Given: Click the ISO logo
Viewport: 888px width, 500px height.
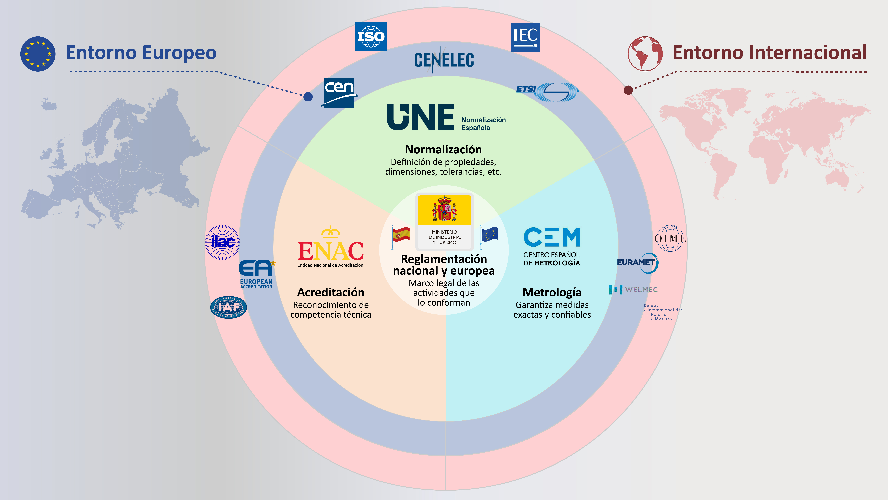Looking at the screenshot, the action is point(371,37).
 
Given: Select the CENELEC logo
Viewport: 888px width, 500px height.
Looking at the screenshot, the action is point(444,60).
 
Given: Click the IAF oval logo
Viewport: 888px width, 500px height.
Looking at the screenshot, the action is point(229,307).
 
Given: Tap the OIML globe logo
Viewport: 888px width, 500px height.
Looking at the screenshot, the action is point(670,238).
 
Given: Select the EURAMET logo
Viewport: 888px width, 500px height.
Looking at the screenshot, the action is point(638,263).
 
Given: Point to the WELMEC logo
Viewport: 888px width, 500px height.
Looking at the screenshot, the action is point(633,290).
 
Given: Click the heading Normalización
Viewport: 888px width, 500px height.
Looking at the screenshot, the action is point(443,149).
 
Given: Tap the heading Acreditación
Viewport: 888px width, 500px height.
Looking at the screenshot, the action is point(331,292).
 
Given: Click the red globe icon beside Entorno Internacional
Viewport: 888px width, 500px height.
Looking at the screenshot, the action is point(645,54).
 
